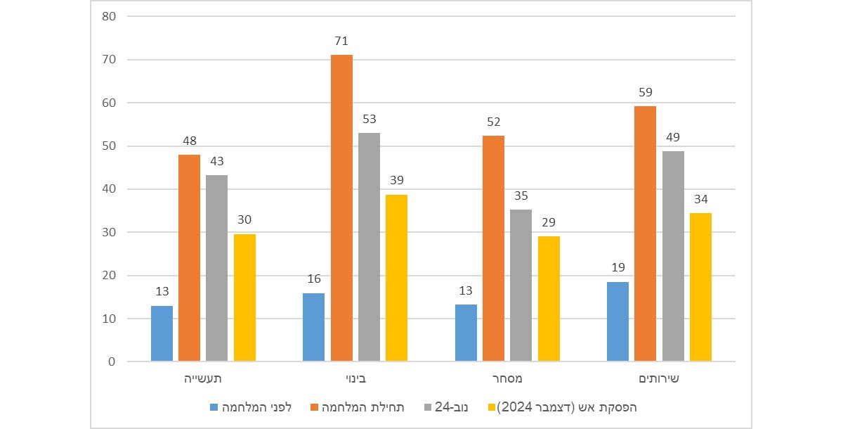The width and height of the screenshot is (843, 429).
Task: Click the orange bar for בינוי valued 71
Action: point(341,208)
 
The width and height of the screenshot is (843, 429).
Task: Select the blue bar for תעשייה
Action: point(162,333)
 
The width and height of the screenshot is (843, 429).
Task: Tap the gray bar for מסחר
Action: point(521,286)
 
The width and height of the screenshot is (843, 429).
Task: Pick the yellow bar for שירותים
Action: point(700,287)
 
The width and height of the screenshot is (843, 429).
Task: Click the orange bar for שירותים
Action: point(645,234)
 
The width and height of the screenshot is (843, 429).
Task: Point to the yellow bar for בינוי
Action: point(396,278)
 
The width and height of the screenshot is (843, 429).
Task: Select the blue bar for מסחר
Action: point(466,333)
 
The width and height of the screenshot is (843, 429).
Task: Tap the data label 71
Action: point(341,41)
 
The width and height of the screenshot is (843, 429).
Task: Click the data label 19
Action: point(617,268)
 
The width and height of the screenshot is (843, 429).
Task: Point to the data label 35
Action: point(521,196)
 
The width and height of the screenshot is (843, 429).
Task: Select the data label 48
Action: point(189,141)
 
